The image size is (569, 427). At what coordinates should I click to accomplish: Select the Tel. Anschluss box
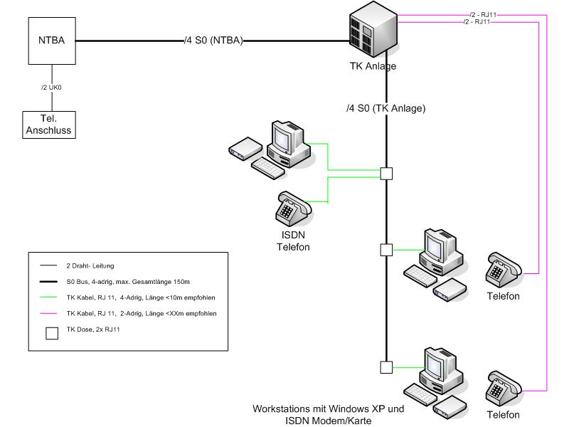(x=51, y=125)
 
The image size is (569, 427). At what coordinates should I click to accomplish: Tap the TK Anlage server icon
(x=373, y=33)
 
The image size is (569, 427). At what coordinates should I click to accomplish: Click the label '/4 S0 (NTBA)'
(x=213, y=41)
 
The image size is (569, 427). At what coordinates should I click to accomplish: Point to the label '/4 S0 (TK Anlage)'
(x=385, y=109)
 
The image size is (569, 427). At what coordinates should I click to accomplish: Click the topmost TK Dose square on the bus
(x=386, y=173)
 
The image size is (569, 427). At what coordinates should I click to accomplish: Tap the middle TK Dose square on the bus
(x=386, y=250)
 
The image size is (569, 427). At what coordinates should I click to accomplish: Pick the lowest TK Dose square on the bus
(x=386, y=367)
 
